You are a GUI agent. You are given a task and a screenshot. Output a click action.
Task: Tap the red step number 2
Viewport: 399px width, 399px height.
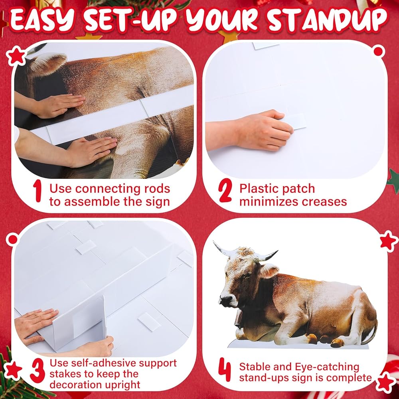(225, 190)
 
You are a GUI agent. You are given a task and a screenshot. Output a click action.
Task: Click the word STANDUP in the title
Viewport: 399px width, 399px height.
(327, 20)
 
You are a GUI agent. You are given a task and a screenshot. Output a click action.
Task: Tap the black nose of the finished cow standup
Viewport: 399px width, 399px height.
(225, 302)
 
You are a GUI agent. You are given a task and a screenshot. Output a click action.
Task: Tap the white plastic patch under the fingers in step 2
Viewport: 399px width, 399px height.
(295, 121)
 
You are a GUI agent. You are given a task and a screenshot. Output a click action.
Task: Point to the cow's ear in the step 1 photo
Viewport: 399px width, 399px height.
(48, 63)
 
